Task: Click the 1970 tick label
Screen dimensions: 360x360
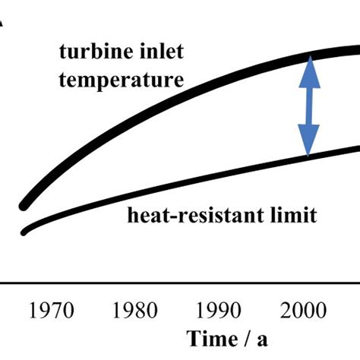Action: pos(52,311)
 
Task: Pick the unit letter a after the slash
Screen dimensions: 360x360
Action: pos(262,339)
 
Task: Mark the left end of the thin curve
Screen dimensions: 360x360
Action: pos(24,232)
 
